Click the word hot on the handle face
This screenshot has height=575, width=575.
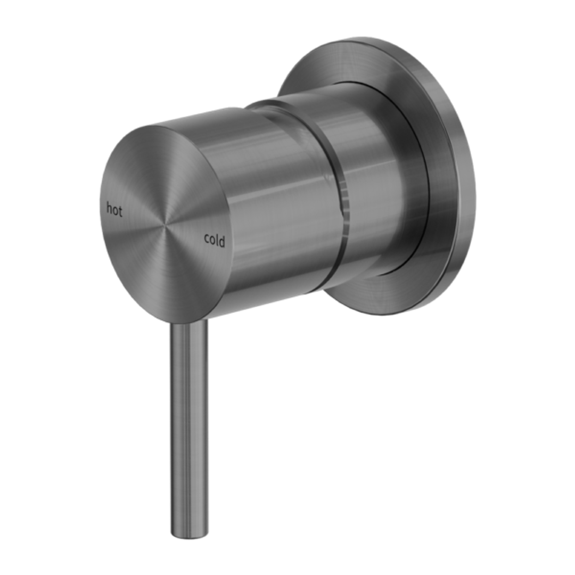coord(114,210)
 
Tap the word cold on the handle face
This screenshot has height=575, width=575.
coord(215,241)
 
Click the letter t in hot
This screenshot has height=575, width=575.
coord(120,211)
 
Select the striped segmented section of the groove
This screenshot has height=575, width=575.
coord(344,205)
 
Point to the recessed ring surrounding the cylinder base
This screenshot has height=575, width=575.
coord(421,176)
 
